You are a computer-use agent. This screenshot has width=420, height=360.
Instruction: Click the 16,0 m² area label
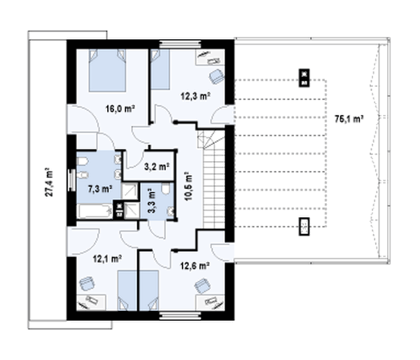click(x=120, y=109)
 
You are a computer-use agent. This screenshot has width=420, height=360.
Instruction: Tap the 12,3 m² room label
click(x=195, y=96)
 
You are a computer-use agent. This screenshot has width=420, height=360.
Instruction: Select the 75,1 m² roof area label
click(x=349, y=118)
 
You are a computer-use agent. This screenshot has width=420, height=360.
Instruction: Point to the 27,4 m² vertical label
click(x=49, y=182)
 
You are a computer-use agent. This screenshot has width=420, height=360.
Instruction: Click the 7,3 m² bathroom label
click(x=100, y=189)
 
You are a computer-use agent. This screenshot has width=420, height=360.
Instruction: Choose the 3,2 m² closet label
click(x=157, y=167)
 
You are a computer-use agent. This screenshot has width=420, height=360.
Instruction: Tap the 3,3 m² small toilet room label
click(x=152, y=201)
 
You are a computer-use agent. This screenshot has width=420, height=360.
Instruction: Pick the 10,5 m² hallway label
click(x=188, y=186)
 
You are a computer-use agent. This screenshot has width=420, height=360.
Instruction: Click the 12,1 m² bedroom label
click(x=107, y=258)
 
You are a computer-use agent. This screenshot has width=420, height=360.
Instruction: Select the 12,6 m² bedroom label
click(x=195, y=265)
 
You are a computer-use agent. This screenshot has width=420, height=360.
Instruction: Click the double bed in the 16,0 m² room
click(x=107, y=70)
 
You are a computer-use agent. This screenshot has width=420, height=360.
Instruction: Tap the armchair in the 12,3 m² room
click(x=216, y=76)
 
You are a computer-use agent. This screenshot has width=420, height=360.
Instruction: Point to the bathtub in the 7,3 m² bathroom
click(x=94, y=212)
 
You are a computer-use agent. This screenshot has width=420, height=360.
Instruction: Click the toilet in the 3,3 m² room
click(x=166, y=188)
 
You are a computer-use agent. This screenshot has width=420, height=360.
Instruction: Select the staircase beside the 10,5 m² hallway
click(x=213, y=179)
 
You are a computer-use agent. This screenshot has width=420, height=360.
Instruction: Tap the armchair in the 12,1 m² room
click(x=87, y=284)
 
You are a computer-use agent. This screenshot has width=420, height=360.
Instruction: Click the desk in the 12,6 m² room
click(x=210, y=303)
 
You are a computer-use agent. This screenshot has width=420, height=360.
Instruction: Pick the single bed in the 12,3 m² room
click(x=160, y=69)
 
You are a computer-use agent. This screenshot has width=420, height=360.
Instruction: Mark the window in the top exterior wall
click(x=180, y=44)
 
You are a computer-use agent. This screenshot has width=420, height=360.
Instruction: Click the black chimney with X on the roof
click(x=304, y=78)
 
